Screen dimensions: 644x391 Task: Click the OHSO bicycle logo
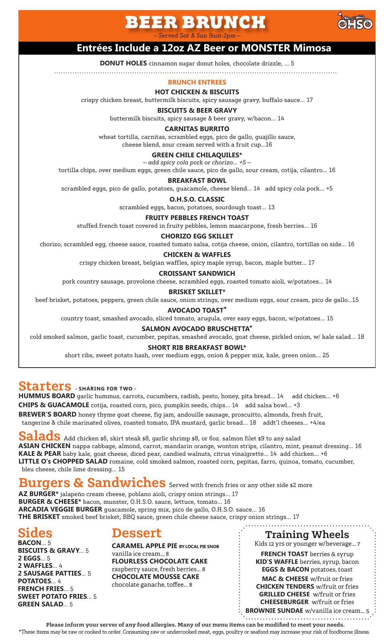(355, 22)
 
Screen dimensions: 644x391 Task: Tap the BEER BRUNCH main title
(195, 22)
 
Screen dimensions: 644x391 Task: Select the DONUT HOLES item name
(123, 63)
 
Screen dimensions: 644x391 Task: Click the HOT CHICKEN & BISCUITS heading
(197, 92)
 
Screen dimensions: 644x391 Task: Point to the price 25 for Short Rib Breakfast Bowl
(326, 355)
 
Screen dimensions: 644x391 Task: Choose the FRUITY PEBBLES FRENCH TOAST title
(197, 218)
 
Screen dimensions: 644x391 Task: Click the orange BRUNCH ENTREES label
(197, 82)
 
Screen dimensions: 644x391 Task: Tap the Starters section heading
(45, 386)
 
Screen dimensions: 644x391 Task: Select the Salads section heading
(39, 436)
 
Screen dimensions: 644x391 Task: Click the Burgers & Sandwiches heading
(92, 482)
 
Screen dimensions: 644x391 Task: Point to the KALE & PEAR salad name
(40, 454)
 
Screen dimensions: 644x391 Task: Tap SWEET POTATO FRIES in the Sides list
(52, 596)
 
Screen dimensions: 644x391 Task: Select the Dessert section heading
(136, 533)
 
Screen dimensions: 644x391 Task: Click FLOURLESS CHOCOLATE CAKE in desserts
(160, 561)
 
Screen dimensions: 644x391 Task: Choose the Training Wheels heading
(307, 534)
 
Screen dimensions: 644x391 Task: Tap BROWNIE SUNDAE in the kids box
(274, 611)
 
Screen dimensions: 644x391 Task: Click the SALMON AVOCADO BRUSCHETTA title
(197, 329)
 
